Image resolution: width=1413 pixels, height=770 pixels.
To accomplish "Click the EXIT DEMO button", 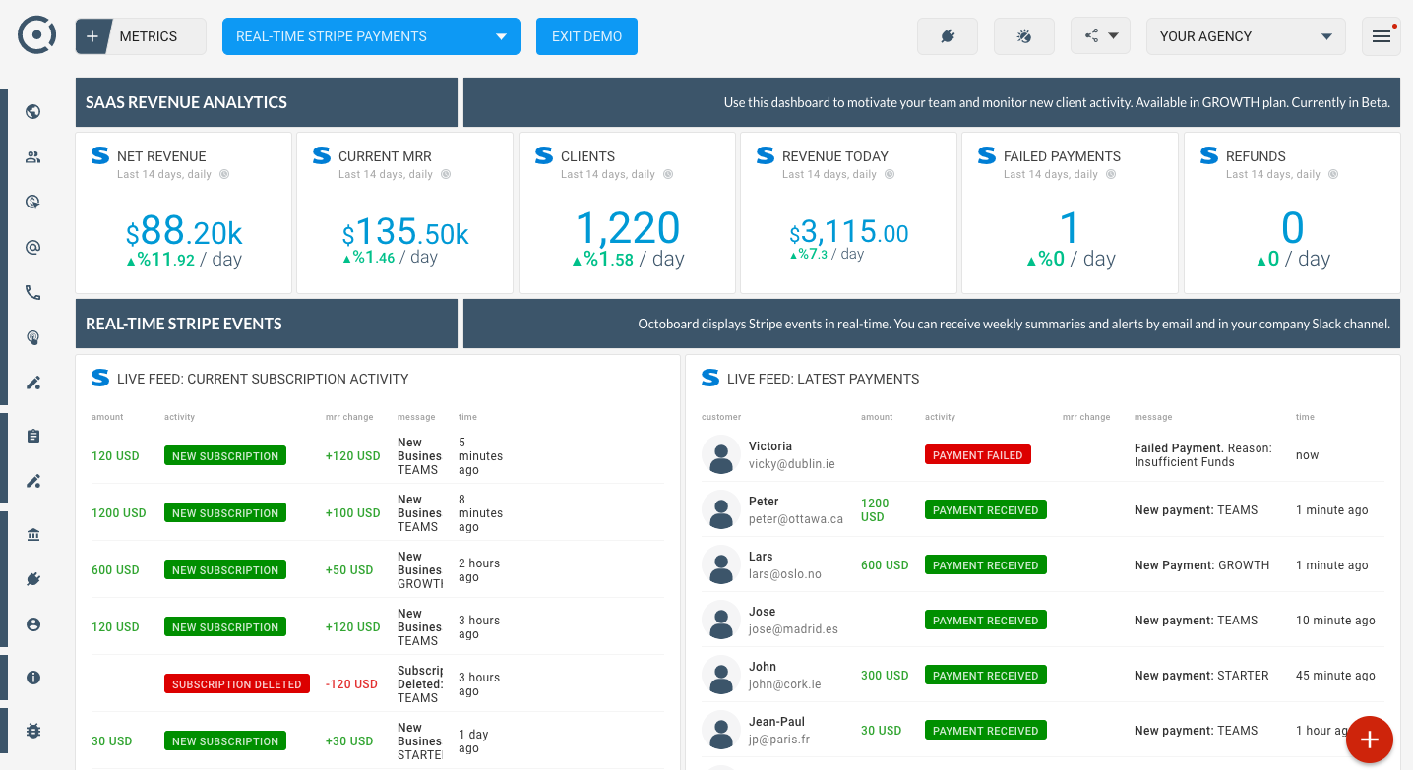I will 586,36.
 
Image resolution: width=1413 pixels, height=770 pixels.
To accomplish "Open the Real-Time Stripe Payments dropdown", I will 371,36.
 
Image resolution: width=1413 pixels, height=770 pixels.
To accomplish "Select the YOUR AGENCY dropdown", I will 1245,36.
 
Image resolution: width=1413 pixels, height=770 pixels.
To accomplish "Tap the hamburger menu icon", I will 1381,36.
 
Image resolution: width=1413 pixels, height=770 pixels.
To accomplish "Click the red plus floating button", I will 1369,740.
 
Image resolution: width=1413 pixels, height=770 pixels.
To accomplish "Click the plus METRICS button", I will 141,36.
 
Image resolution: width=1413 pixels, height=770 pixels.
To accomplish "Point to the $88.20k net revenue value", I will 184,233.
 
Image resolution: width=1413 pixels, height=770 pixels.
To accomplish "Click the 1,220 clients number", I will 627,229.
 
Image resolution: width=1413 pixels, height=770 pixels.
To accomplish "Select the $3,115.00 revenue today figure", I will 848,233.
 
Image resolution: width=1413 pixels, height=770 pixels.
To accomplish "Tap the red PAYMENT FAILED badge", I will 977,455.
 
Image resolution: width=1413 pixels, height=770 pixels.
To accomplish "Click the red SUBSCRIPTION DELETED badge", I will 236,684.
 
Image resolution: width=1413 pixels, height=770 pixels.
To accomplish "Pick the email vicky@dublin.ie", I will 791,464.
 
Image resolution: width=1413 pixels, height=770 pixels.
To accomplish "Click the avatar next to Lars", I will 721,565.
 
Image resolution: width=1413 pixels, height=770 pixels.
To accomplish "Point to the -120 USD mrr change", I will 351,684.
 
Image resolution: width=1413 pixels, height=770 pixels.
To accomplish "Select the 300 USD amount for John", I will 884,676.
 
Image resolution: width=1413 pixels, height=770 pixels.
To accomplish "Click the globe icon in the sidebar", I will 33,111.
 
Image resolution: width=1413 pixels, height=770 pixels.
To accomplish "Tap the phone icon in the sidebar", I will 33,292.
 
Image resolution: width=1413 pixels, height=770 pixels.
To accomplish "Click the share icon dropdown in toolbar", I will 1100,36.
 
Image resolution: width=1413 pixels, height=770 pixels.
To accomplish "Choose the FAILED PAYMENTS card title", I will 1062,156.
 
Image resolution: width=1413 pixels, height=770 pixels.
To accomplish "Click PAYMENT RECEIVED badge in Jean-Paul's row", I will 985,731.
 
